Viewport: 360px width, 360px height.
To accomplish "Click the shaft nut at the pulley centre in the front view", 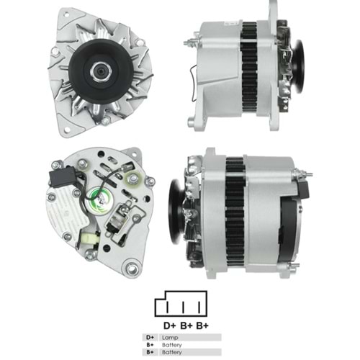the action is tap(101, 71).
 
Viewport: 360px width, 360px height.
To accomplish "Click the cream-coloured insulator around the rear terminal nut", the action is tap(132, 179).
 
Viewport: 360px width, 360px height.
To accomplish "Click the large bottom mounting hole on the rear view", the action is tap(132, 267).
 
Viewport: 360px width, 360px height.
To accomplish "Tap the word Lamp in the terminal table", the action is tap(170, 338).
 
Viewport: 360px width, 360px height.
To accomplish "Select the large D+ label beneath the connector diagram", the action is tap(170, 325).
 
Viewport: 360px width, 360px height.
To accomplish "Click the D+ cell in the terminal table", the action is tap(150, 338).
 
